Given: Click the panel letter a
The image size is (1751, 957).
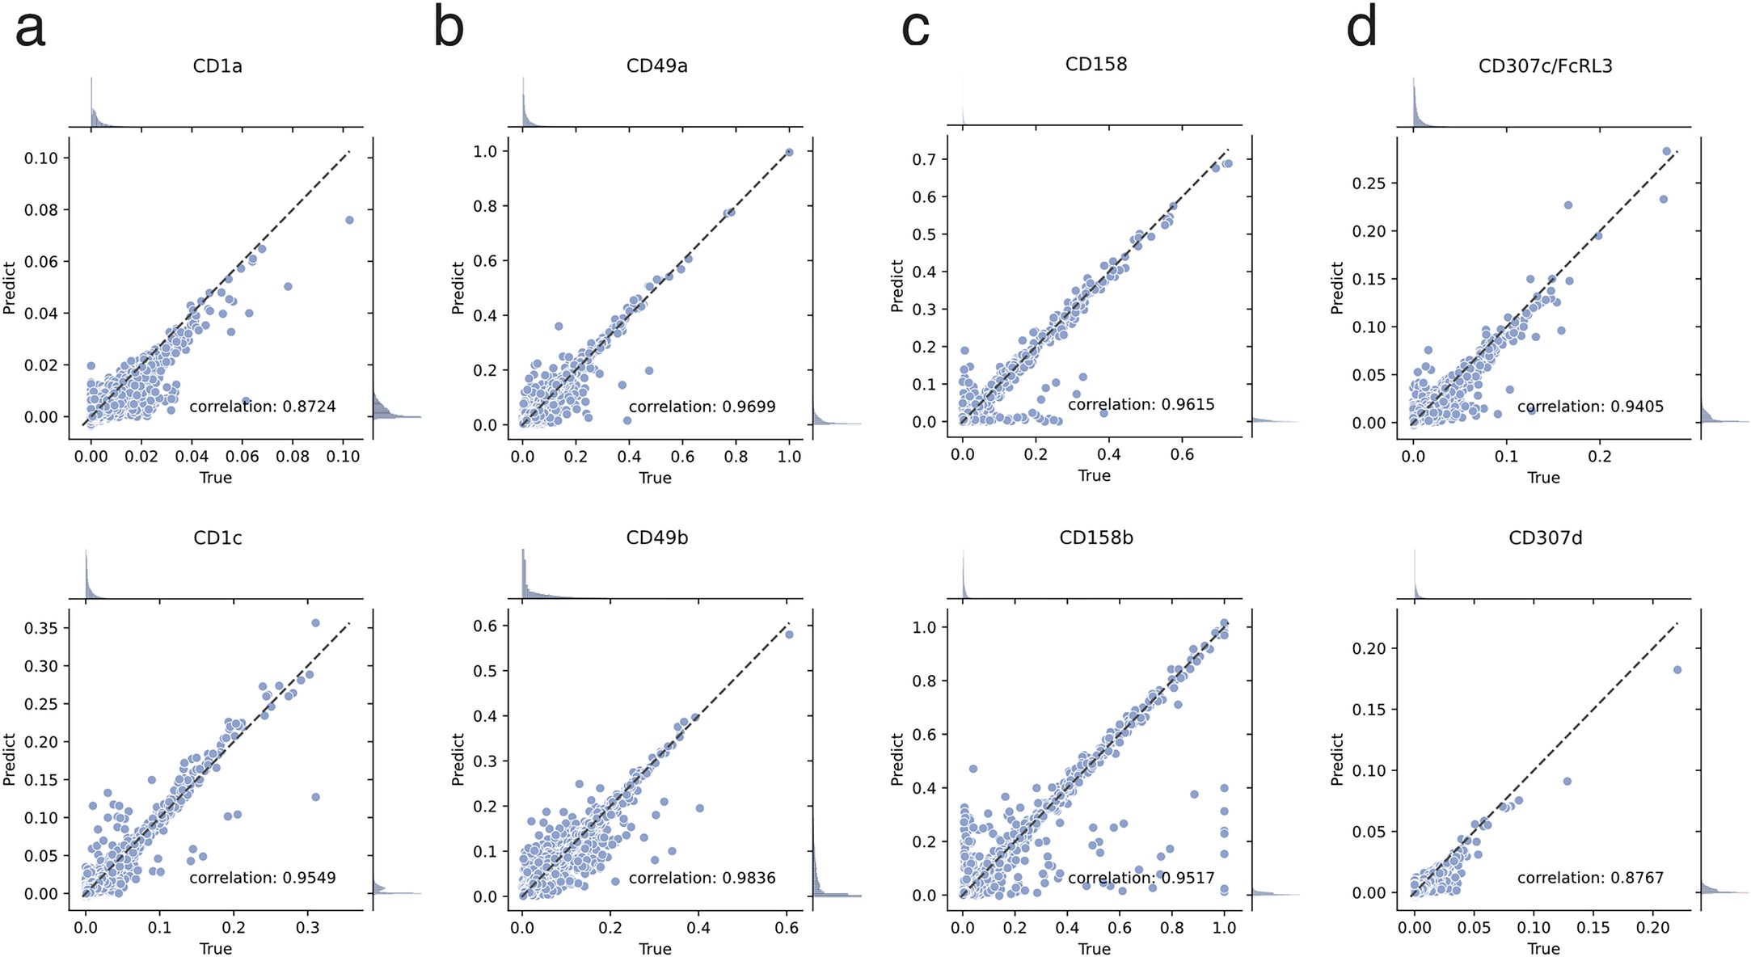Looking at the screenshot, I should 31,29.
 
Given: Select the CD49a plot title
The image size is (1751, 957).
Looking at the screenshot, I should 656,66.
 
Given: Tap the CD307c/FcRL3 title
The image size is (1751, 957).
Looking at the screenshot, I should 1545,66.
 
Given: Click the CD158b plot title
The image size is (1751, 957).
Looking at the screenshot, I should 1095,538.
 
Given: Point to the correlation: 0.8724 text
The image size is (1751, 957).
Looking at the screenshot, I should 262,407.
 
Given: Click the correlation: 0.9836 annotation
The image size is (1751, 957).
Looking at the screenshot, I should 702,878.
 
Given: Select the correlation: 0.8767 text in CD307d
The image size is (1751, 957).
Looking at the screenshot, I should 1589,878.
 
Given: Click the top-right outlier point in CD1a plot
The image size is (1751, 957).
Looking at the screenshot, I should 349,220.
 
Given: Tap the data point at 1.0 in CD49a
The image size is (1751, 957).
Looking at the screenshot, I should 789,152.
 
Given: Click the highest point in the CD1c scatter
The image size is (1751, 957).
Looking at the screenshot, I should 315,623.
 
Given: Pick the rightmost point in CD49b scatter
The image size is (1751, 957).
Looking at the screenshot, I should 789,634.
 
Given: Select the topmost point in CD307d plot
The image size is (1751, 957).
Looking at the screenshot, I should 1677,670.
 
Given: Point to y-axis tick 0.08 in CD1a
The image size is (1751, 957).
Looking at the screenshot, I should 41,210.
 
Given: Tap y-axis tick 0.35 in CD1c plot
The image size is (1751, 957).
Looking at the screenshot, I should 41,628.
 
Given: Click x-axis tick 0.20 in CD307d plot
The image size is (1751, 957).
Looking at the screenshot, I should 1652,928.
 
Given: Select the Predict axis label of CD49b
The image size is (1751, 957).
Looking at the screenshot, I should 458,759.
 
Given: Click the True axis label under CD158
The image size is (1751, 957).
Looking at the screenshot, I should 1094,476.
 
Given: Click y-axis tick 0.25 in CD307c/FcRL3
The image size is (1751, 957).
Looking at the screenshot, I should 1369,183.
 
